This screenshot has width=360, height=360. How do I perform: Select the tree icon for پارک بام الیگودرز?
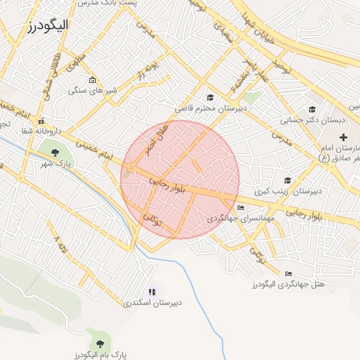[99, 343]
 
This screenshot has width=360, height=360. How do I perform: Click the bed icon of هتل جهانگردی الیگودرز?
[288, 274]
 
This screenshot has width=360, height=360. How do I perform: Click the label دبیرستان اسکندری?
[153, 303]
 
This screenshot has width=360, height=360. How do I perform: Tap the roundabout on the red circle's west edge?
[131, 167]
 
